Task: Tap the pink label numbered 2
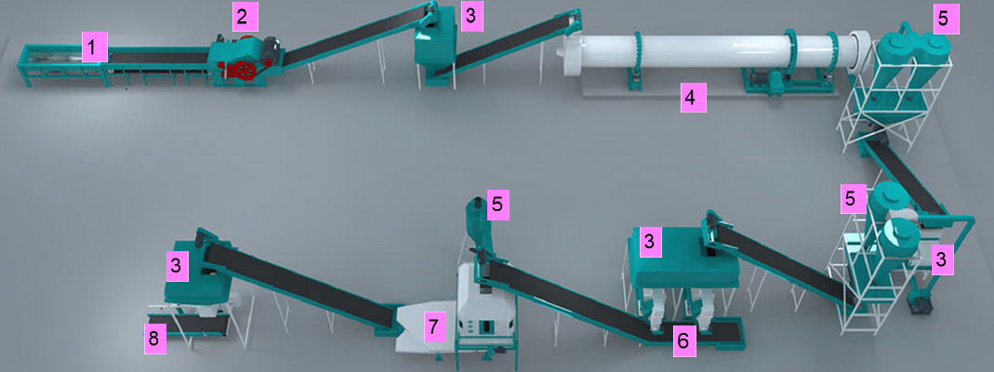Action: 243,16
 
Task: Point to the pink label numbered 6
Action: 683,341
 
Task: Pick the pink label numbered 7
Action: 432,325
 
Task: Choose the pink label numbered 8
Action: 153,339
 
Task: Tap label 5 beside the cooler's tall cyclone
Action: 499,205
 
